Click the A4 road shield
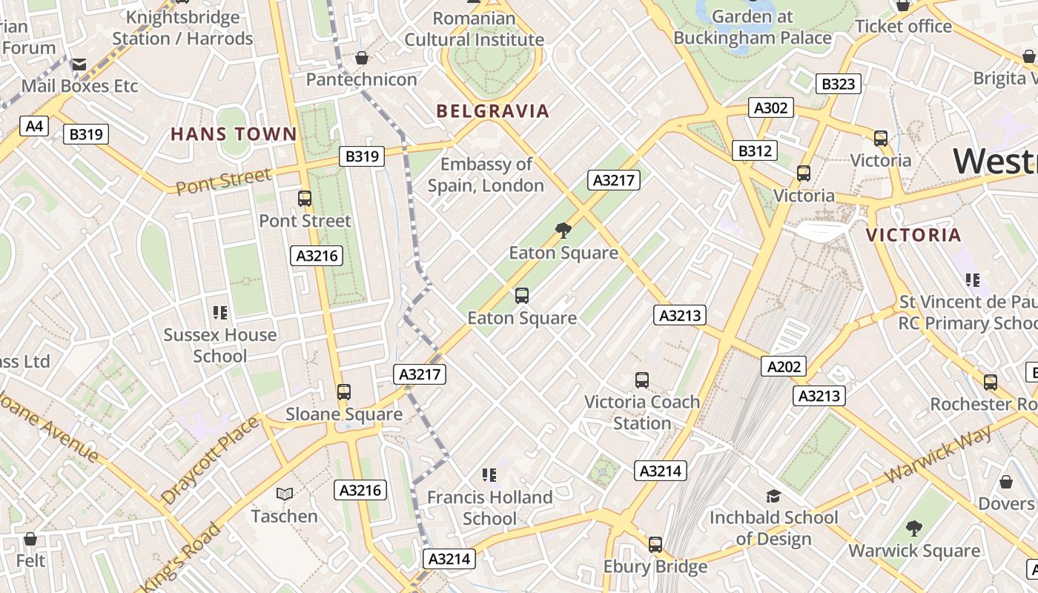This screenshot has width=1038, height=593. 35,126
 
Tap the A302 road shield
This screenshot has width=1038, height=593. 770,107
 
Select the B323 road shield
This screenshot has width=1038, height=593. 838,84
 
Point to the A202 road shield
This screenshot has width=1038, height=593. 784,366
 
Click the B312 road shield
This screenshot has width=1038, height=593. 755,150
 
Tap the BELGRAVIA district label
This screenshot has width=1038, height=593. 493,111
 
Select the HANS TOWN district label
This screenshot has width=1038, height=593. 234,134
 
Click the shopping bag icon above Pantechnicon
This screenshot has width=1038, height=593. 362,58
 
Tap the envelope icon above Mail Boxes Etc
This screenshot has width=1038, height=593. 79,64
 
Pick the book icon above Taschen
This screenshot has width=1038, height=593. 284,494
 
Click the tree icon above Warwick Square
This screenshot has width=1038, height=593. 914,529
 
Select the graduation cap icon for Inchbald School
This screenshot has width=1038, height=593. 773,496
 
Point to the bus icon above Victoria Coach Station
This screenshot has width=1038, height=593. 642,380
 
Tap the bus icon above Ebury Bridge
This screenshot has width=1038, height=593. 655,545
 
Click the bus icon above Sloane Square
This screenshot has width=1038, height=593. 343,392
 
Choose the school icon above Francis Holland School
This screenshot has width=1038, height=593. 489,474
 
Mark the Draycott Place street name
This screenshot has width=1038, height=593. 210,460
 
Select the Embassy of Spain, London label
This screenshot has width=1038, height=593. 486,175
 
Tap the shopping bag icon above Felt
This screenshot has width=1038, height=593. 30,539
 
